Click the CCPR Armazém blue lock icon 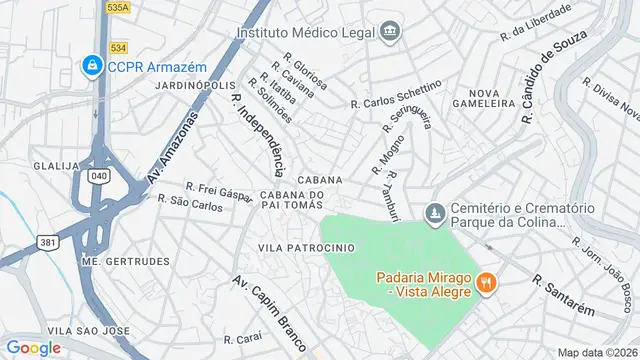pos(93,67)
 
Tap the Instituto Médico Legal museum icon pos(389,32)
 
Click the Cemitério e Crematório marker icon pos(433,213)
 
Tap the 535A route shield pos(118,6)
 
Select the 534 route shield pos(118,46)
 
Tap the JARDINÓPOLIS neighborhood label pos(195,86)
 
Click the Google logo pos(33,347)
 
